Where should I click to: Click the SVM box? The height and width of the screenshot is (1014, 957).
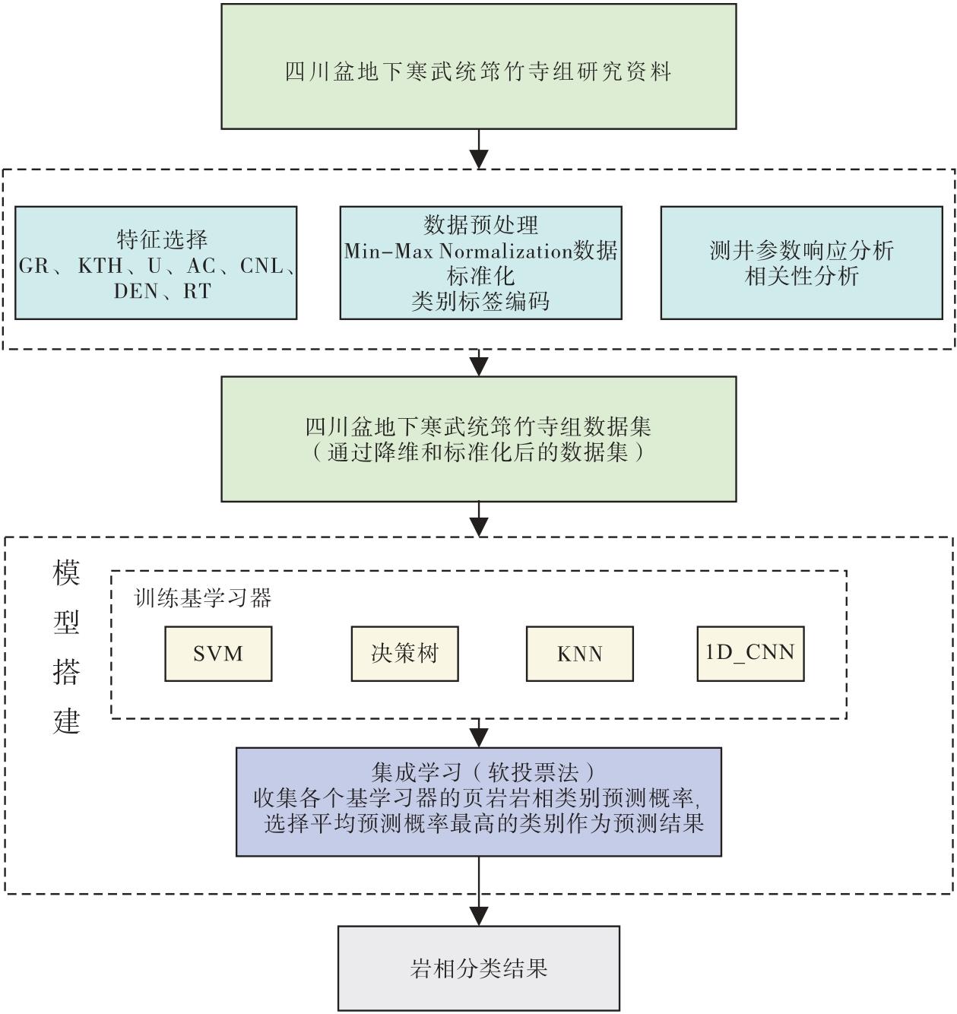point(218,654)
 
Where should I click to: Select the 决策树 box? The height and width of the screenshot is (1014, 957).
point(404,654)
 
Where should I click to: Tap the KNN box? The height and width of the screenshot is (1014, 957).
point(579,654)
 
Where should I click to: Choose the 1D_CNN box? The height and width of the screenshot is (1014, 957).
point(750,654)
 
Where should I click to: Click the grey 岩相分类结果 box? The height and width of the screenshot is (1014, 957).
point(479,968)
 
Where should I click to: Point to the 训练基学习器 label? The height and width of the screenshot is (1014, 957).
point(203,598)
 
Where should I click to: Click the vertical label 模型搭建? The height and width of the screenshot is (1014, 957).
point(67,646)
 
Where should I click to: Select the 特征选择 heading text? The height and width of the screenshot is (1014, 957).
point(162,239)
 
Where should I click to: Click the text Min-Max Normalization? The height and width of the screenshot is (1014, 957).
point(458,251)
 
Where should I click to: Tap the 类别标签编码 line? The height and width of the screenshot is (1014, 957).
point(480,302)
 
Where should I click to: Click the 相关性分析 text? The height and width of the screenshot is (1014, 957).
point(801,276)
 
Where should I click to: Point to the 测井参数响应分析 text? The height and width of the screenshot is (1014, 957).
point(801,251)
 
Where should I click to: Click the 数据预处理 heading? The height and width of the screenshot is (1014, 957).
point(480,225)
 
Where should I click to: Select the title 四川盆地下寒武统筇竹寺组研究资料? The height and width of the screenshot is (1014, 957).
point(479,71)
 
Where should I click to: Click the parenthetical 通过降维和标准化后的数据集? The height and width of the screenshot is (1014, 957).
point(479,453)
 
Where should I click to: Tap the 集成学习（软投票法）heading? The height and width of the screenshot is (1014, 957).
point(479,773)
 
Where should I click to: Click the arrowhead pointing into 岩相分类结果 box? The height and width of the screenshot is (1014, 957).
point(479,916)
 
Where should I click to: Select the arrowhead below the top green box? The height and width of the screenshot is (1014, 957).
point(479,159)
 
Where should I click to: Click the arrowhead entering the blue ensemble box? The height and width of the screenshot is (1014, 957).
point(479,737)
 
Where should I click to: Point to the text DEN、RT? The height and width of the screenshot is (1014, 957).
point(162,291)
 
